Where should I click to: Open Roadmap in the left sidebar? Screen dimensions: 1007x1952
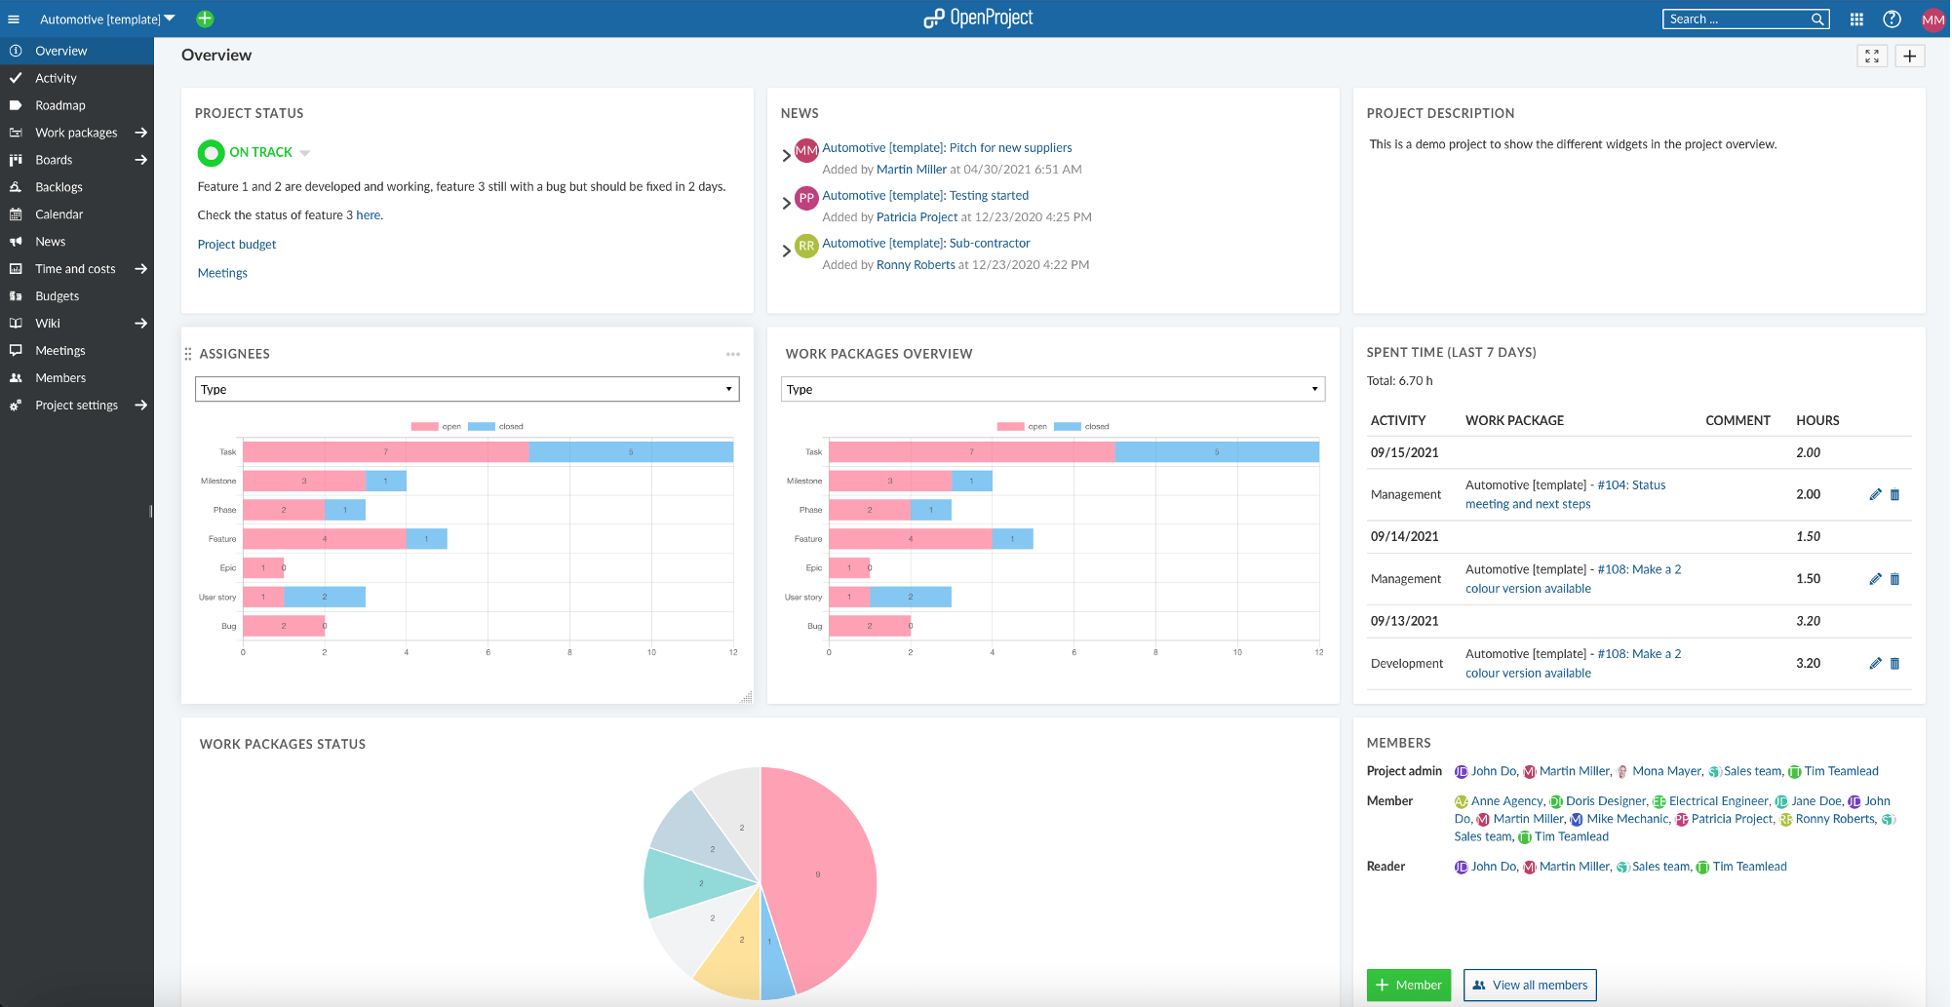[x=60, y=105]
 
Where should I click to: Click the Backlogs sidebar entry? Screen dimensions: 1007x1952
[x=59, y=187]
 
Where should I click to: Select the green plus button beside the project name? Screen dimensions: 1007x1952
[x=205, y=19]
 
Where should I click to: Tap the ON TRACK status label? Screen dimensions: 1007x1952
[x=260, y=152]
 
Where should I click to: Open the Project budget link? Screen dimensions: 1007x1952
[x=237, y=245]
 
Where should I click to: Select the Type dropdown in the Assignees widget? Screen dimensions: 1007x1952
[x=467, y=389]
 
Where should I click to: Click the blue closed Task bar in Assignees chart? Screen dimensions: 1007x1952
[x=631, y=452]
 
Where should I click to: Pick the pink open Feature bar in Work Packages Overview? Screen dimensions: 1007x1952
[x=910, y=539]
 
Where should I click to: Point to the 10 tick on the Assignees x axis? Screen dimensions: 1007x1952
[x=651, y=652]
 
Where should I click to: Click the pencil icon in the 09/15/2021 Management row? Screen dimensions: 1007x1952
[x=1874, y=494]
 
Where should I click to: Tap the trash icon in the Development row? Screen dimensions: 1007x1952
[x=1894, y=664]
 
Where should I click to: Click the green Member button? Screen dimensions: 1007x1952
[x=1408, y=985]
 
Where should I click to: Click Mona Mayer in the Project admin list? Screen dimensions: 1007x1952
[x=1665, y=771]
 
